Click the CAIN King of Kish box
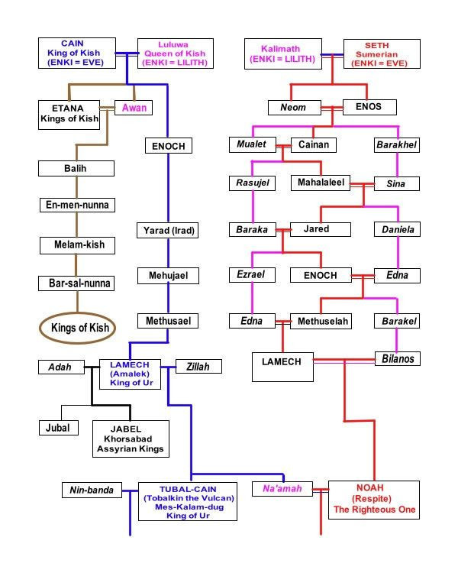(x=76, y=53)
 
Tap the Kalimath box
(x=284, y=54)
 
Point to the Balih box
(x=76, y=168)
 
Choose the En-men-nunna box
(x=76, y=205)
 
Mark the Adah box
(x=61, y=367)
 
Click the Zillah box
(x=198, y=367)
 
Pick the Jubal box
(x=60, y=427)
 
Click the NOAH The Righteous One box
(x=373, y=499)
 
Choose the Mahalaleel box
(x=321, y=183)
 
